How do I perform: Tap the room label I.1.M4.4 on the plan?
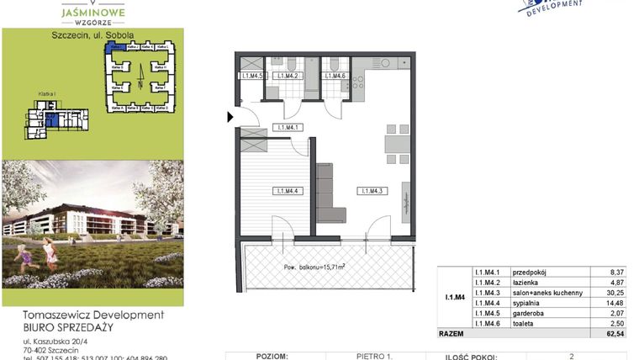288,192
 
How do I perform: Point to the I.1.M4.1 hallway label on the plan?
288,128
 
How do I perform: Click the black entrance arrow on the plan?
231,117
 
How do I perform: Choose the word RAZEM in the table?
452,334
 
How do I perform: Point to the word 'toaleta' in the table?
523,323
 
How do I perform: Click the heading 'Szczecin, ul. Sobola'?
92,35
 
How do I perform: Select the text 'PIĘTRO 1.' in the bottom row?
378,357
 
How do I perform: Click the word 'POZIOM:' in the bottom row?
270,357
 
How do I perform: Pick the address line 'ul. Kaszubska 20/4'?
57,341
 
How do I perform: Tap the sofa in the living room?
329,190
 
